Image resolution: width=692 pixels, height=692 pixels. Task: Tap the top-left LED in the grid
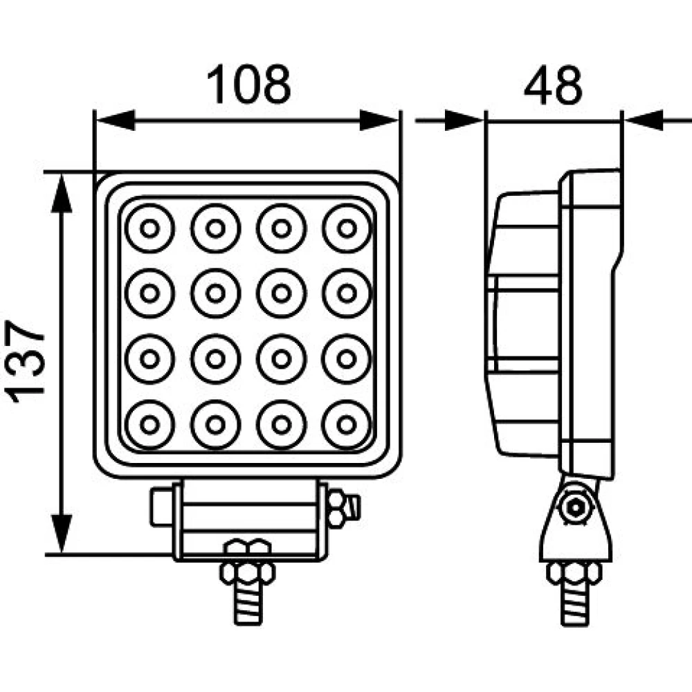pyautogui.click(x=149, y=228)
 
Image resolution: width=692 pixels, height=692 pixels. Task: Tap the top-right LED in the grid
pyautogui.click(x=347, y=228)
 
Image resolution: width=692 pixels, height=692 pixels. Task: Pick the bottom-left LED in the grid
pyautogui.click(x=149, y=424)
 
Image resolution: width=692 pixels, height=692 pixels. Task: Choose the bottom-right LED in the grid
pyautogui.click(x=347, y=424)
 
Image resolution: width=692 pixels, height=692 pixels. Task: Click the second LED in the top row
pyautogui.click(x=216, y=228)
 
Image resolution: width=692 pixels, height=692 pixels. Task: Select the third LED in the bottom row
pyautogui.click(x=281, y=424)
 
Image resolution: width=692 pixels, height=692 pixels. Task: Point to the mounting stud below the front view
pyautogui.click(x=247, y=602)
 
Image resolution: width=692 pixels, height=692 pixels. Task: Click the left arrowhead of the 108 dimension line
pyautogui.click(x=114, y=120)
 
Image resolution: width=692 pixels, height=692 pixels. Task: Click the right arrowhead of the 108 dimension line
pyautogui.click(x=380, y=120)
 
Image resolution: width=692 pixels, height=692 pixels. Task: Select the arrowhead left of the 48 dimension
pyautogui.click(x=464, y=120)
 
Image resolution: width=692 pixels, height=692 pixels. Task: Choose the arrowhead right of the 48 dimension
pyautogui.click(x=644, y=120)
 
